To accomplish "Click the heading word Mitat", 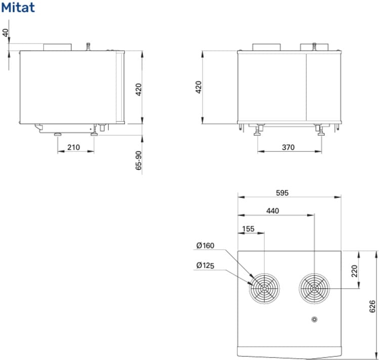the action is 18,7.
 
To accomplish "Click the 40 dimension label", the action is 6,33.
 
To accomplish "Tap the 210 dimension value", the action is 73,147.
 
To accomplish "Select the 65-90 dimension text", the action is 139,160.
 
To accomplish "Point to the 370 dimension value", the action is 288,147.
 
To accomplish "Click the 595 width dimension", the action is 282,193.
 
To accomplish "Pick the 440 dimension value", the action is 273,211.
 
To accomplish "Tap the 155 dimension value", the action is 248,229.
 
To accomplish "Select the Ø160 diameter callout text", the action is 205,246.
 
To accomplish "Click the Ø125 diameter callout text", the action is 205,265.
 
